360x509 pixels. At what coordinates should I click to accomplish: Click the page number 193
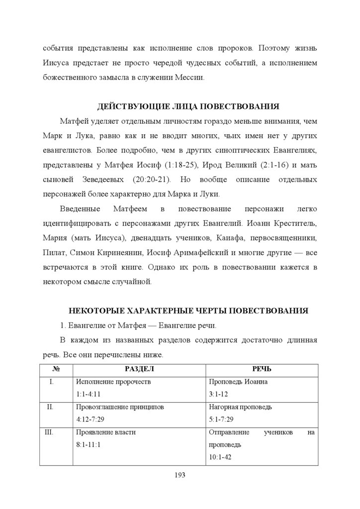pyautogui.click(x=180, y=476)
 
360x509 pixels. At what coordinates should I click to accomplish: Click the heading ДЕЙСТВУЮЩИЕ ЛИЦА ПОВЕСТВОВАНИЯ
pyautogui.click(x=188, y=106)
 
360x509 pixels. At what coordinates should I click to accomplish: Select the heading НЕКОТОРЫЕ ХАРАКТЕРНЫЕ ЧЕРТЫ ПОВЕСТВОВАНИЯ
pyautogui.click(x=188, y=311)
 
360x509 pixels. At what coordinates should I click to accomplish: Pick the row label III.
pyautogui.click(x=49, y=432)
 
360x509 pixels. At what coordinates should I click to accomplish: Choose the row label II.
pyautogui.click(x=50, y=407)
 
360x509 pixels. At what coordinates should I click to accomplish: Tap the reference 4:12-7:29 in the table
pyautogui.click(x=91, y=419)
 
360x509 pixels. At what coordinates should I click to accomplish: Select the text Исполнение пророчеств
pyautogui.click(x=113, y=382)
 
